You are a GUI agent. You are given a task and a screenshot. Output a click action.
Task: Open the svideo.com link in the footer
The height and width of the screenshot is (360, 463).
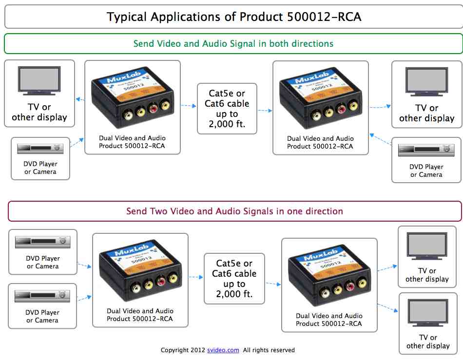point(223,350)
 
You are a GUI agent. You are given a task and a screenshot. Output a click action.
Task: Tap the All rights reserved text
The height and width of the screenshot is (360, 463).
point(269,350)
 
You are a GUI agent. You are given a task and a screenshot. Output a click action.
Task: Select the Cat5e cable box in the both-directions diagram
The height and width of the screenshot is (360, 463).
point(227,109)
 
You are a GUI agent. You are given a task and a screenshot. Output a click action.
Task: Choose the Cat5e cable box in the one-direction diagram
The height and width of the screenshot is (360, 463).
point(234,279)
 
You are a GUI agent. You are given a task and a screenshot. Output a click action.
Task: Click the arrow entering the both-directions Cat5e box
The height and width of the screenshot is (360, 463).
point(188,105)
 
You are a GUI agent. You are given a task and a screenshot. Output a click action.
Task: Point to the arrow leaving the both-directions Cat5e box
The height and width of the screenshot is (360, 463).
point(265,111)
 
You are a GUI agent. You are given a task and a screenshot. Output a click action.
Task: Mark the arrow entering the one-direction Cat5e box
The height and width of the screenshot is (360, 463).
point(196,277)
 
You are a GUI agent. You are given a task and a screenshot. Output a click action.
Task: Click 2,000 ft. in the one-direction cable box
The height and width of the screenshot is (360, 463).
point(234,294)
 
